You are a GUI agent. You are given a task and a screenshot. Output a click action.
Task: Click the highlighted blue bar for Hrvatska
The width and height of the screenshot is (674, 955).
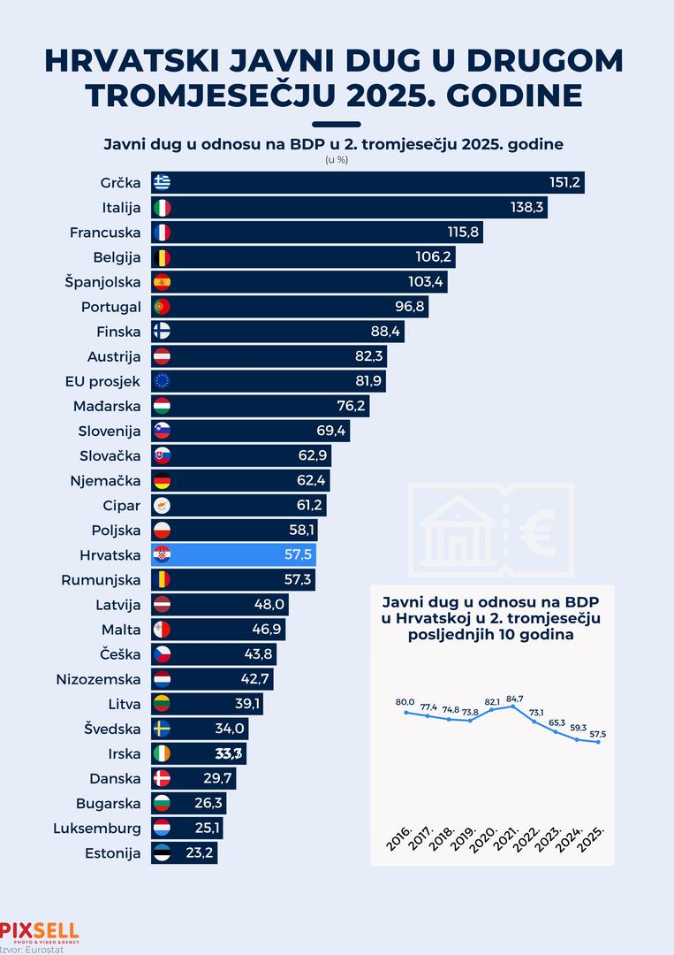[234, 554]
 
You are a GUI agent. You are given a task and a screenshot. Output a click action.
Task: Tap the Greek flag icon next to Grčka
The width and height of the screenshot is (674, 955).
[162, 183]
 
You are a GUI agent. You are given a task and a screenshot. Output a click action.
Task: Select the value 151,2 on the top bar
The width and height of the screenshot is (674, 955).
[564, 183]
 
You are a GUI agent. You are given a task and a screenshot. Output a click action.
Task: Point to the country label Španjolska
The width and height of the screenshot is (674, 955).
[103, 282]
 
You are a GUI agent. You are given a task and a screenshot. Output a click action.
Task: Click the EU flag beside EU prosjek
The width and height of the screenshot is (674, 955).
[162, 381]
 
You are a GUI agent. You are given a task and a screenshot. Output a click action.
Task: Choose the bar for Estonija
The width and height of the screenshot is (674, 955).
[184, 853]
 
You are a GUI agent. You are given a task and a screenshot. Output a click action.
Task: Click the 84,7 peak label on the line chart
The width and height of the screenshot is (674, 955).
[515, 697]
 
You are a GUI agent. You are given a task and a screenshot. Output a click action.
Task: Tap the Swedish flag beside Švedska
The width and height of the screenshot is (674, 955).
[162, 729]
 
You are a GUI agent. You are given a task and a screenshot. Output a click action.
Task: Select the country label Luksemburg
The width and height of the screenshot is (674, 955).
[97, 829]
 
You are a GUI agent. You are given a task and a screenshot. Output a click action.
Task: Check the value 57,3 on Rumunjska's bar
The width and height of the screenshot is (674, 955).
[298, 580]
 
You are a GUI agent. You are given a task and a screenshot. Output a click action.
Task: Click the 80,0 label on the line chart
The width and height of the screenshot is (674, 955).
[405, 702]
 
